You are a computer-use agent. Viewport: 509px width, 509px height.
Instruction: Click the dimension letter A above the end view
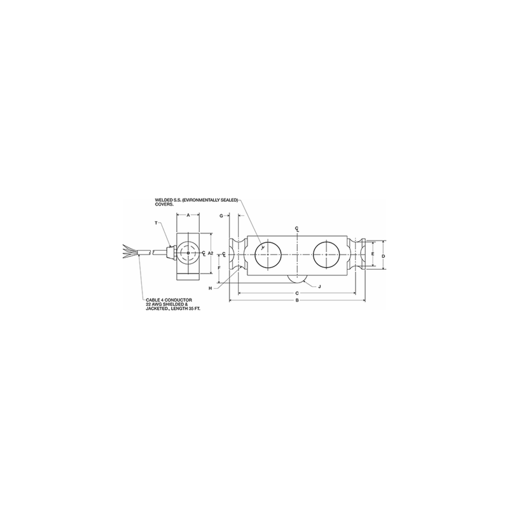coord(188,216)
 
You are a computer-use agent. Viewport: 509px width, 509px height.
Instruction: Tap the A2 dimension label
coord(210,253)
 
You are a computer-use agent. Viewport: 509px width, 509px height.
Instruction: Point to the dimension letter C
coord(296,293)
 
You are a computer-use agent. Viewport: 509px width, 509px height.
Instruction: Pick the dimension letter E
coord(372,253)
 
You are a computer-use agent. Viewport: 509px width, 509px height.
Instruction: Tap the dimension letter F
coord(218,268)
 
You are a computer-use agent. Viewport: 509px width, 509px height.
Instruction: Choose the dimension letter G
coord(220,216)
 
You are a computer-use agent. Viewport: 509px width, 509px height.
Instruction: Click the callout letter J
coord(319,287)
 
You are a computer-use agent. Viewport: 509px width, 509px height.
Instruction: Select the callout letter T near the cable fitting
coord(156,223)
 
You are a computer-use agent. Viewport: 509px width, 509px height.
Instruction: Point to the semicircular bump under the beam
coord(296,278)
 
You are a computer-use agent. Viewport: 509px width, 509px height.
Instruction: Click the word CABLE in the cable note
coord(154,299)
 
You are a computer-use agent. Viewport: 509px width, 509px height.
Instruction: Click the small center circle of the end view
coord(188,253)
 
